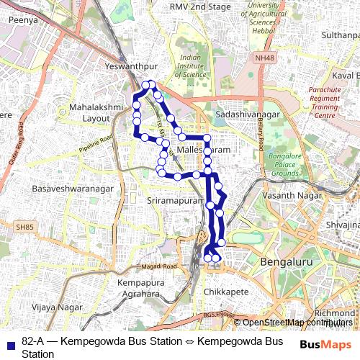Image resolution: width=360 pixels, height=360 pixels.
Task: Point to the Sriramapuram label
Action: click(176, 200)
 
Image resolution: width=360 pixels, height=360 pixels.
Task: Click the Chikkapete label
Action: click(226, 292)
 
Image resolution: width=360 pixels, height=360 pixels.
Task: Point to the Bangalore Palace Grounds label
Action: click(284, 164)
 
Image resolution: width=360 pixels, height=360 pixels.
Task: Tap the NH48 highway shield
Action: click(264, 58)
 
